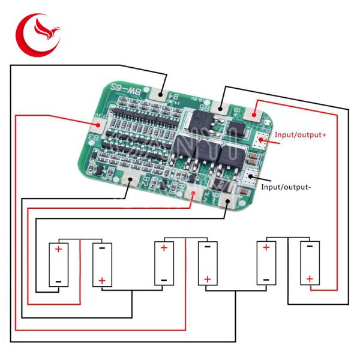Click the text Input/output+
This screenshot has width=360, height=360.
point(301,136)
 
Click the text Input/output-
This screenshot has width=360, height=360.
point(286,187)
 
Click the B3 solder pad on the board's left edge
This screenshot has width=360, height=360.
point(97,125)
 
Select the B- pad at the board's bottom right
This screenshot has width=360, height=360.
point(227,202)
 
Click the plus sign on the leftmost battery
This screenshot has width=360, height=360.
point(58,249)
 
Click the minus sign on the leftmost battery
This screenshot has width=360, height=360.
point(58,280)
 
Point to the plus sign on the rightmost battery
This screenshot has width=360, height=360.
point(310,278)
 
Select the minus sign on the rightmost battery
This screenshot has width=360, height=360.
point(310,245)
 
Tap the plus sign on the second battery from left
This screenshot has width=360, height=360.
point(102,280)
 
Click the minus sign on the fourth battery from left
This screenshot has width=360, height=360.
point(207,246)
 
